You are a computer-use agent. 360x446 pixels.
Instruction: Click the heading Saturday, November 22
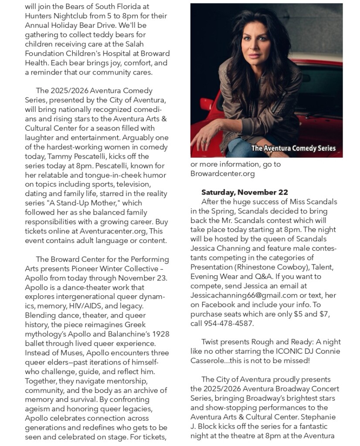[245, 192]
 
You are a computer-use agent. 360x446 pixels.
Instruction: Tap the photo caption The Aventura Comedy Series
[293, 148]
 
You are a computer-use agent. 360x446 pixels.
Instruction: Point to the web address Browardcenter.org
[222, 173]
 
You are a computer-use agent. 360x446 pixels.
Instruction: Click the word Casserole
[207, 361]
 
